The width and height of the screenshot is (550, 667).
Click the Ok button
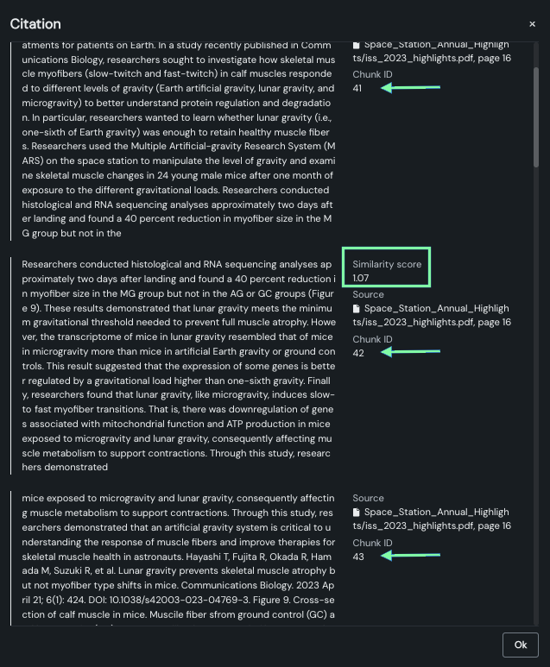(x=520, y=645)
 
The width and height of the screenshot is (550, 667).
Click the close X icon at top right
(x=532, y=24)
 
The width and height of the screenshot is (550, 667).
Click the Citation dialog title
(x=35, y=23)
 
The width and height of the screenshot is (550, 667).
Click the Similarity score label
(x=387, y=264)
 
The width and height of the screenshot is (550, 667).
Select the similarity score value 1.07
(x=361, y=278)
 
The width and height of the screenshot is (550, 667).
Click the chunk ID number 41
(x=357, y=88)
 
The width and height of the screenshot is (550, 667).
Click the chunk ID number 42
(x=358, y=352)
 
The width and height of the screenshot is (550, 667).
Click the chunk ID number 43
(x=358, y=557)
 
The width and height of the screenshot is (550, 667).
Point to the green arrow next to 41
(x=410, y=87)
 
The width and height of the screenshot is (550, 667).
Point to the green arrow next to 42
(x=410, y=351)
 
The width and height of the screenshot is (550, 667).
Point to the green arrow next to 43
(x=410, y=556)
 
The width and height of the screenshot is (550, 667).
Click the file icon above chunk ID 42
(x=357, y=308)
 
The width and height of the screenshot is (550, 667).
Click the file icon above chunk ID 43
(x=357, y=512)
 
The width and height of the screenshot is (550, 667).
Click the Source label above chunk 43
(x=368, y=498)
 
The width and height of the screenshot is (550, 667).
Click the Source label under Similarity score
(x=368, y=294)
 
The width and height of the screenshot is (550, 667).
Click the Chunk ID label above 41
(x=372, y=75)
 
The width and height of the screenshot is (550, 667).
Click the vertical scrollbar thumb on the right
(x=536, y=112)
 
